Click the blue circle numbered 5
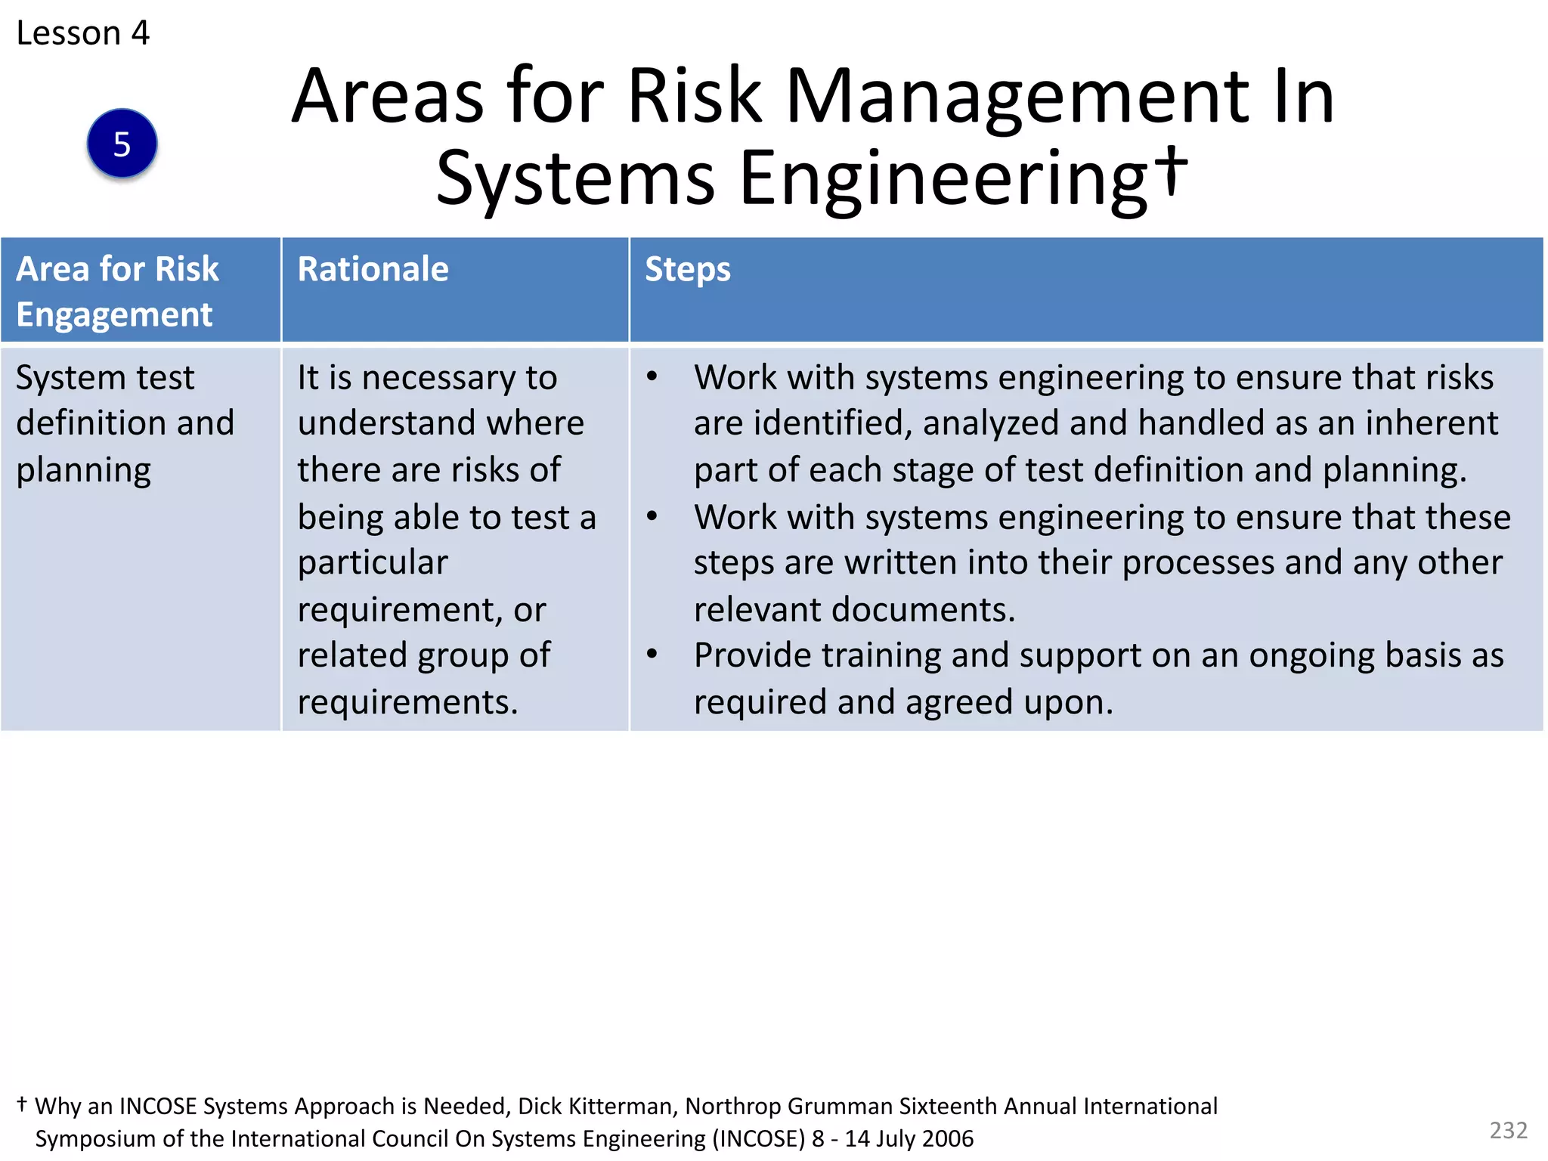122,144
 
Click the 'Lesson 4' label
82,33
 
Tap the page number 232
1508,1130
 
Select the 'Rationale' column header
373,269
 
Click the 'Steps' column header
687,269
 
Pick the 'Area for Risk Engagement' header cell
117,291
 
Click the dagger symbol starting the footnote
22,1104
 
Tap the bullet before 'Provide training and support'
652,654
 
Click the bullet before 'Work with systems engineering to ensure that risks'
652,376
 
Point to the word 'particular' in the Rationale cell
373,563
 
